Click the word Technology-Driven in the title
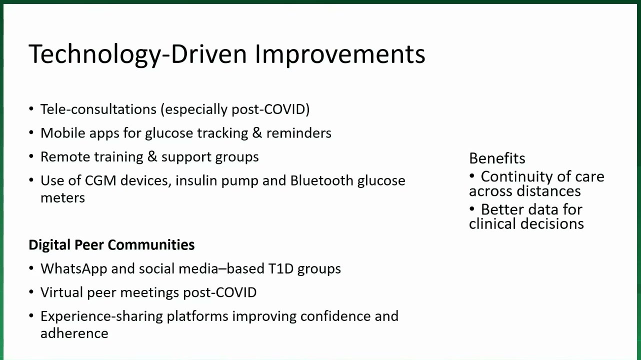(137, 55)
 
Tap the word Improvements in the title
(340, 55)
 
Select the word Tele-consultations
(98, 109)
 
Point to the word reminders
(299, 133)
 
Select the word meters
(62, 198)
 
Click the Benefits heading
(497, 158)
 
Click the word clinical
(493, 224)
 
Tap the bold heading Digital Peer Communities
(111, 245)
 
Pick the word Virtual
(62, 292)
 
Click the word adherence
(74, 333)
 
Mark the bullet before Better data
(472, 209)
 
